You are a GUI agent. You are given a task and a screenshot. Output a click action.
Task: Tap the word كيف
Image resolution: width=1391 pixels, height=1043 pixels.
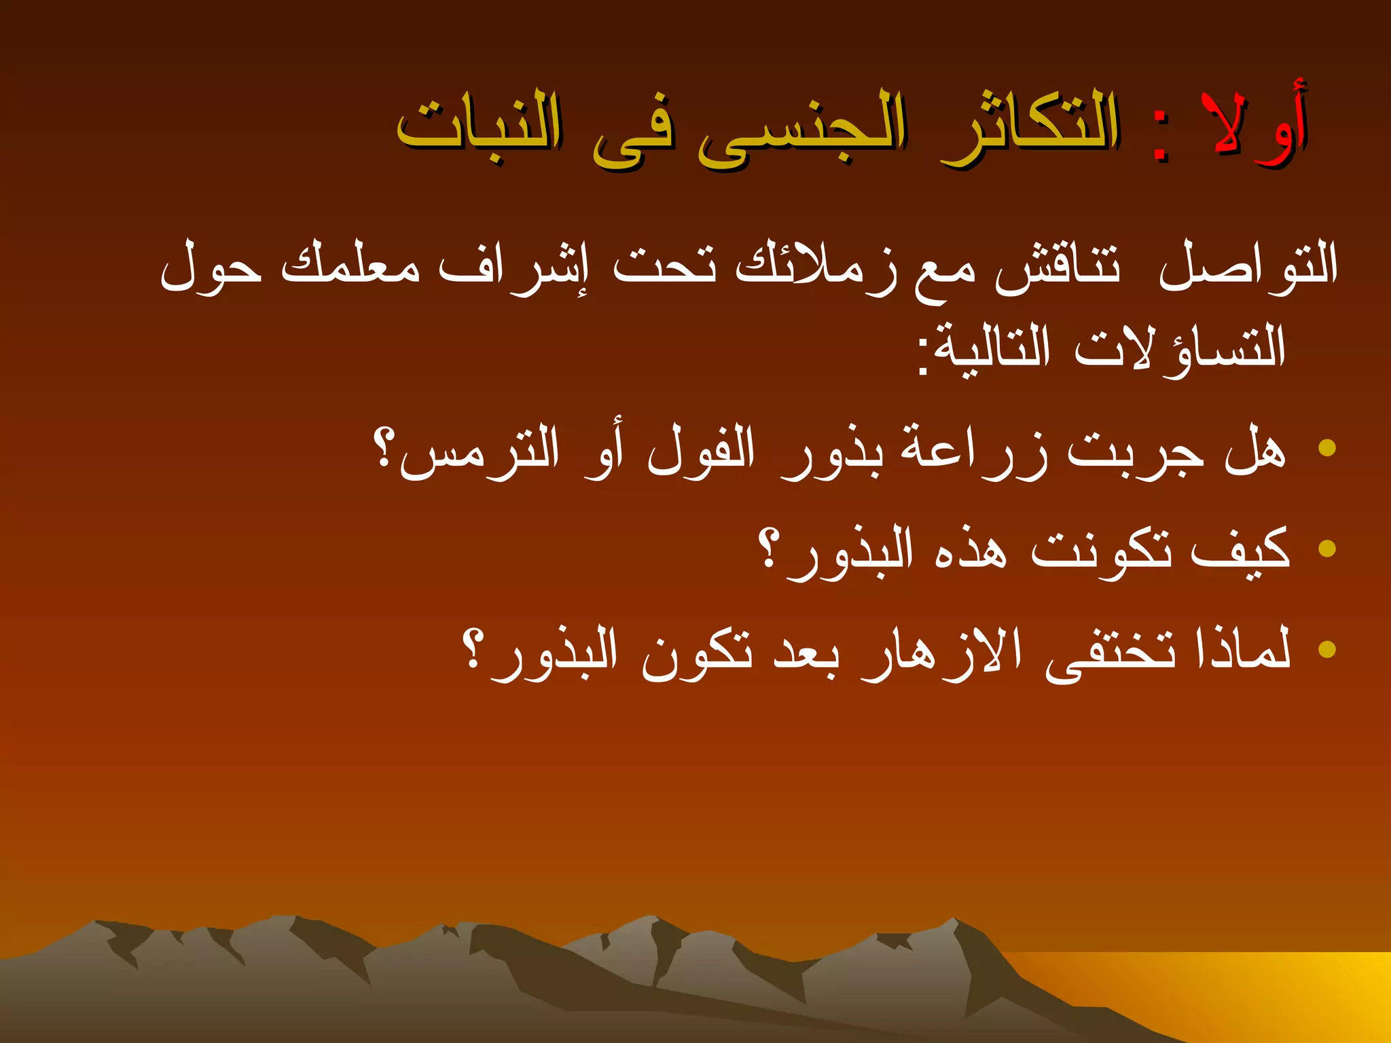click(x=1240, y=550)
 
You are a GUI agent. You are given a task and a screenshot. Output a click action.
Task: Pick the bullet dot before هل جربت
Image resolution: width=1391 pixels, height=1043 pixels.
click(x=1326, y=447)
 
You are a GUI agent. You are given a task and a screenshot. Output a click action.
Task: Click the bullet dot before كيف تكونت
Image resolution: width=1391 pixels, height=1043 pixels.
click(x=1326, y=548)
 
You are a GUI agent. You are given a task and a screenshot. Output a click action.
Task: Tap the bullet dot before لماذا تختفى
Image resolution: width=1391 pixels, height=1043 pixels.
click(x=1326, y=648)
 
